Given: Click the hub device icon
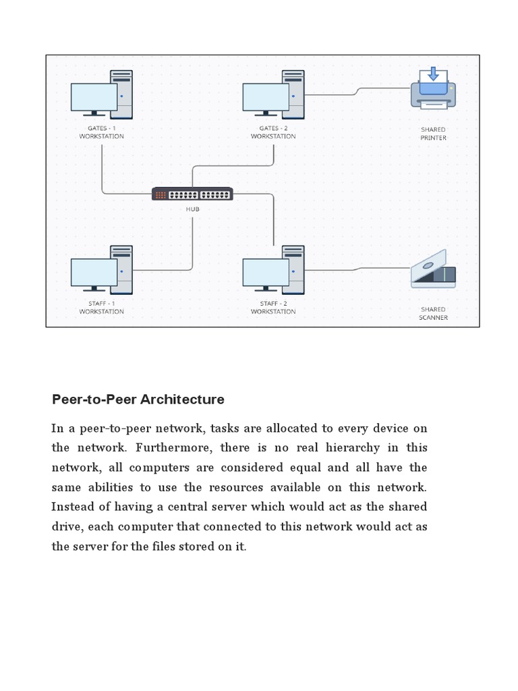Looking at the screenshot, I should tap(192, 194).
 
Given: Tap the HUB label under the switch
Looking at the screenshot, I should tap(192, 209).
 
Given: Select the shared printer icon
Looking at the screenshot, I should tap(433, 88).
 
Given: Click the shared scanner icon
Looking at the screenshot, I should tap(433, 270).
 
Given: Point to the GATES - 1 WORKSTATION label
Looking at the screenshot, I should tap(101, 132).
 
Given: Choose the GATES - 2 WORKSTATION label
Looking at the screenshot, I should tap(273, 132).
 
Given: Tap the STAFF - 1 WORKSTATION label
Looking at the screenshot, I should tap(101, 308).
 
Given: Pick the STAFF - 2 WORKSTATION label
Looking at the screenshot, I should tap(273, 308).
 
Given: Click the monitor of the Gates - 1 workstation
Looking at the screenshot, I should tap(94, 97).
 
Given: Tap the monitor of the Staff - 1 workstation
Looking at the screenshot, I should tap(94, 273).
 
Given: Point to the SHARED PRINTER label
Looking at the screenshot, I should tap(433, 134).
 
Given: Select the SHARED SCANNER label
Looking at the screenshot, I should tap(433, 314).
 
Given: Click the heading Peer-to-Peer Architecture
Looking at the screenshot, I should tap(138, 399).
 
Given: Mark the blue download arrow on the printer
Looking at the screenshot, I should tap(433, 74).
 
